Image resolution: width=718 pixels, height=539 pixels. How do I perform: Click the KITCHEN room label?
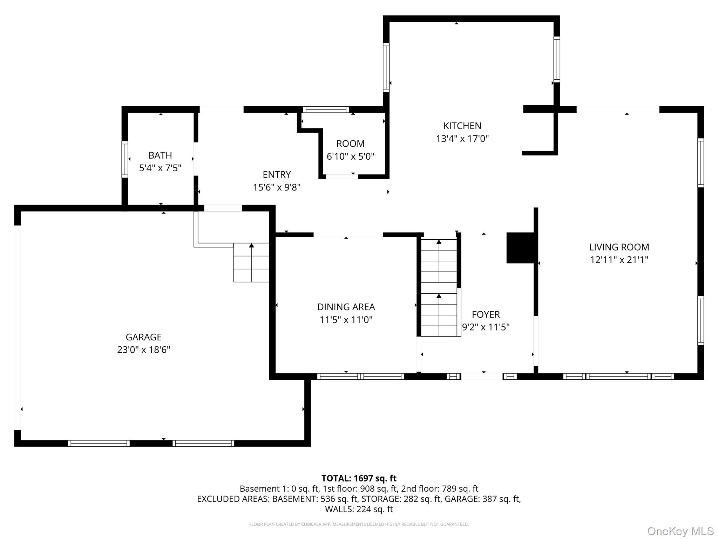click(462, 126)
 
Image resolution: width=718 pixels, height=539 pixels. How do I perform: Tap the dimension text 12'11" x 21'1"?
click(619, 260)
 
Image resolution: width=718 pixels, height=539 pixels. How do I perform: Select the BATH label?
click(160, 155)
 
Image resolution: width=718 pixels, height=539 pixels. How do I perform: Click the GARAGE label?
click(143, 337)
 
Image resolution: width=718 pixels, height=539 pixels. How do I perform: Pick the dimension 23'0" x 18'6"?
click(143, 350)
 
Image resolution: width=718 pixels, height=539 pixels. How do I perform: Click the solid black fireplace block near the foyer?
click(520, 248)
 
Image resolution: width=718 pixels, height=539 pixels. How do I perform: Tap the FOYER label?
click(486, 314)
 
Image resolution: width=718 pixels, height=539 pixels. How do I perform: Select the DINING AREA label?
click(346, 307)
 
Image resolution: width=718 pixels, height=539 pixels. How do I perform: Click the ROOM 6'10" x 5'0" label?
click(350, 144)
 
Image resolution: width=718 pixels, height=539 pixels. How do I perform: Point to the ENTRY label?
click(277, 174)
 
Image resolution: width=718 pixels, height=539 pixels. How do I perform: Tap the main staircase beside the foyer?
click(439, 288)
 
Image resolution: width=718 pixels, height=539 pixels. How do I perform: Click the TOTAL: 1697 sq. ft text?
click(359, 478)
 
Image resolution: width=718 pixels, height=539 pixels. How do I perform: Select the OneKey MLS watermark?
click(680, 531)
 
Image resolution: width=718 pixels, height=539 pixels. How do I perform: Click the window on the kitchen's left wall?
click(386, 67)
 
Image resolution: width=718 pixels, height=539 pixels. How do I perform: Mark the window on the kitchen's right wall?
click(557, 59)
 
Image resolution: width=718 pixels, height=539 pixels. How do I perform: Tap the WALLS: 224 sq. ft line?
click(359, 509)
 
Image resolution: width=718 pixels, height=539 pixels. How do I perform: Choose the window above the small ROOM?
click(326, 109)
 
